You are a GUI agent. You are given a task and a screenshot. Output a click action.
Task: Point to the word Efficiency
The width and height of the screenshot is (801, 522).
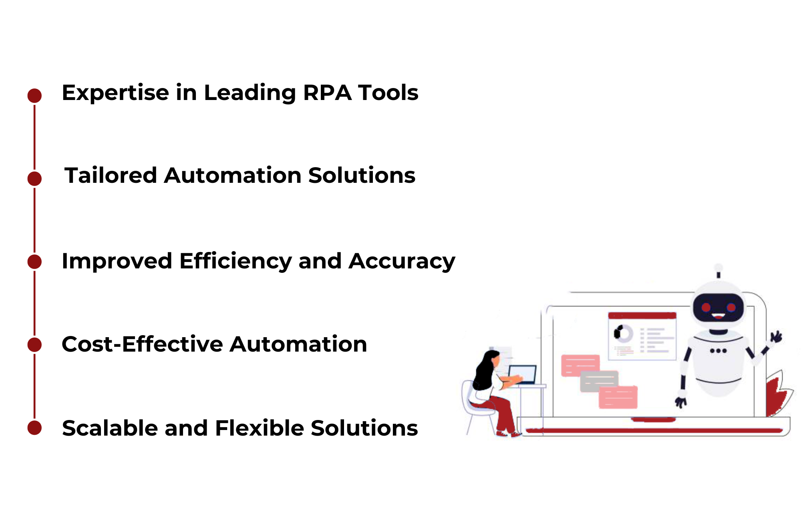coord(236,262)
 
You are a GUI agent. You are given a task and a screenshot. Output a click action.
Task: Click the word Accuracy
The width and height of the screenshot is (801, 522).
coord(402,262)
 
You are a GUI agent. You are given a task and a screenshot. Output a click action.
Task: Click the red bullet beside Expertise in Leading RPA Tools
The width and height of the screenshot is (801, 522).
coord(35,96)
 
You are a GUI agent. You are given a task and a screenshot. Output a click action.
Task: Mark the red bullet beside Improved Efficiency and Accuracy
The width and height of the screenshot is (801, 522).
coord(35,262)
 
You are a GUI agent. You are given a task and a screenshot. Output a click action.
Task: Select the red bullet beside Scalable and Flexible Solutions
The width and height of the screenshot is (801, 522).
coord(35,428)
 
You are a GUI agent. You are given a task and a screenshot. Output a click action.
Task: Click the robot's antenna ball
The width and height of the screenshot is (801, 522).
coord(718,268)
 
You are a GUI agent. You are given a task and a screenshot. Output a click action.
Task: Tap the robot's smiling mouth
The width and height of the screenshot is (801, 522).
coord(718,317)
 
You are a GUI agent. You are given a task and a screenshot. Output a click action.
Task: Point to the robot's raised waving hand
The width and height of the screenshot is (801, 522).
coord(776,337)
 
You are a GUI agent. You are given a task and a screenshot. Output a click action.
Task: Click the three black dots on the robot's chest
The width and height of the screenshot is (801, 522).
coord(718,351)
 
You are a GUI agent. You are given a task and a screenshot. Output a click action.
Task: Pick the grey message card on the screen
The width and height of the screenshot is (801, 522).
coord(599,381)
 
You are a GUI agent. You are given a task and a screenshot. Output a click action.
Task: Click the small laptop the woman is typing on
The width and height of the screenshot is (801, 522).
coord(522,375)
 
